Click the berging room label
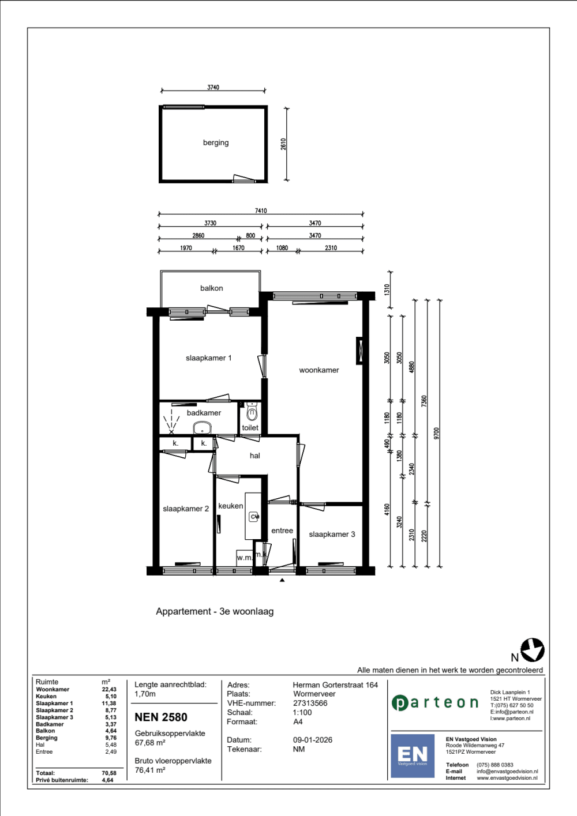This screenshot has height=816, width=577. (x=216, y=143)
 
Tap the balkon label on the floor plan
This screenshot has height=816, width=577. (x=211, y=288)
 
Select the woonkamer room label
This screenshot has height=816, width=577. (x=319, y=370)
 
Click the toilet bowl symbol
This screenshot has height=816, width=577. (x=252, y=412)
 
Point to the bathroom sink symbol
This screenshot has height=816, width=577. (x=203, y=428)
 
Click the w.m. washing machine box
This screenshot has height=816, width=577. (x=244, y=558)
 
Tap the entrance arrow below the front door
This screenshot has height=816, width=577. (x=282, y=580)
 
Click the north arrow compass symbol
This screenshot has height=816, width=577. (x=533, y=650)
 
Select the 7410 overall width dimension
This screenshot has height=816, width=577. (x=261, y=210)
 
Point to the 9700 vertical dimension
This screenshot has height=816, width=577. (x=437, y=433)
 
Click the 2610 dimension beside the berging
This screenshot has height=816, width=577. (x=283, y=144)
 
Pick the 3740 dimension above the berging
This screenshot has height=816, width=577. (x=213, y=88)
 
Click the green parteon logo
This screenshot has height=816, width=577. (x=435, y=702)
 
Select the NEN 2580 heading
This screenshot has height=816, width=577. (x=161, y=717)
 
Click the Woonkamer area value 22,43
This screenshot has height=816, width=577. (x=109, y=689)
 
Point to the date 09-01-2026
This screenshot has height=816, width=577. (x=313, y=740)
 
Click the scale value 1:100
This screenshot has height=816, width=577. (x=302, y=712)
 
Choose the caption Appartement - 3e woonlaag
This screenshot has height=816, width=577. (x=215, y=611)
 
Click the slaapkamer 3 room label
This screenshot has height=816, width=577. (x=332, y=534)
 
